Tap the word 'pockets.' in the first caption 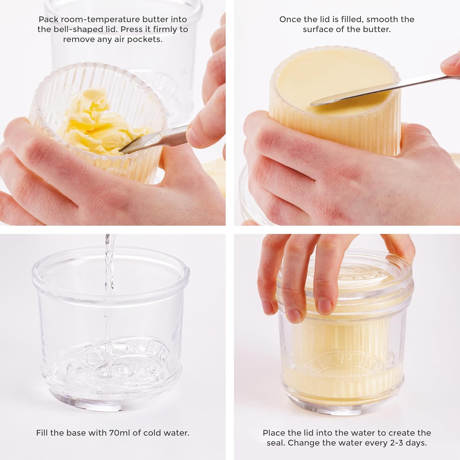146,40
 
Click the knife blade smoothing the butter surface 353,95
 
